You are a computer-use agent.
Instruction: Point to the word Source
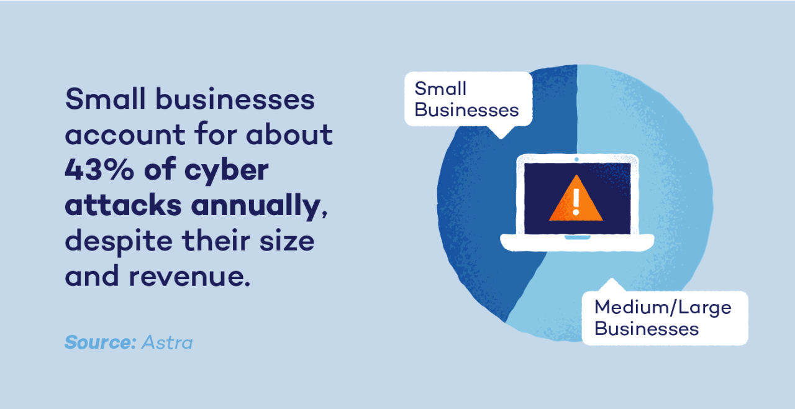(99, 342)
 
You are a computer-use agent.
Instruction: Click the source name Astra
(167, 342)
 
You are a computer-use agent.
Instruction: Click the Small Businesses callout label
(467, 99)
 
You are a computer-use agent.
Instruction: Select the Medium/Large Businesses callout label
(663, 317)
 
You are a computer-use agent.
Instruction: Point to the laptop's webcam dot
(576, 160)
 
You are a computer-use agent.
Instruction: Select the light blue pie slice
(671, 186)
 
